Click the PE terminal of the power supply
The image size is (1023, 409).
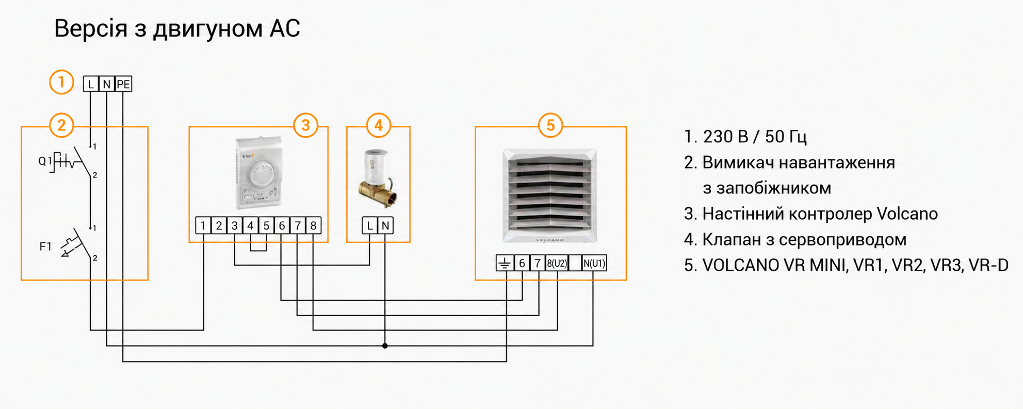tap(123, 84)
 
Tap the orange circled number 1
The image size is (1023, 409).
tap(61, 83)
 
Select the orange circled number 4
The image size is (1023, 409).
tap(378, 125)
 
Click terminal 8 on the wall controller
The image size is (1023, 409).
tap(313, 225)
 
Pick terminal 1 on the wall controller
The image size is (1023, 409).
tap(203, 225)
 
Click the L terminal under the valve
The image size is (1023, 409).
tap(369, 225)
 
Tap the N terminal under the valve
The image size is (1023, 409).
tap(385, 225)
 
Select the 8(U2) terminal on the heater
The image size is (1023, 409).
tap(557, 263)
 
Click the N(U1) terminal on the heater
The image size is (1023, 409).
tap(594, 263)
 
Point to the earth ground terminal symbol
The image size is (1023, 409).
tap(505, 263)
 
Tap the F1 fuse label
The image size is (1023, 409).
tap(45, 247)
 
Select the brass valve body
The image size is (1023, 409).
tap(378, 193)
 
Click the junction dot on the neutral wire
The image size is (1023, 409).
tap(385, 346)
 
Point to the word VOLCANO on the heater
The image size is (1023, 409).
tap(549, 240)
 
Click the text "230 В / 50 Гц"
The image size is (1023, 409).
tap(755, 137)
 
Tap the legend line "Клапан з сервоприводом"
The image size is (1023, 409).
tap(804, 239)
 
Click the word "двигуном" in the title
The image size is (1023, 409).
tap(208, 29)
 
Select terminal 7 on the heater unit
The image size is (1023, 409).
tap(538, 263)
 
